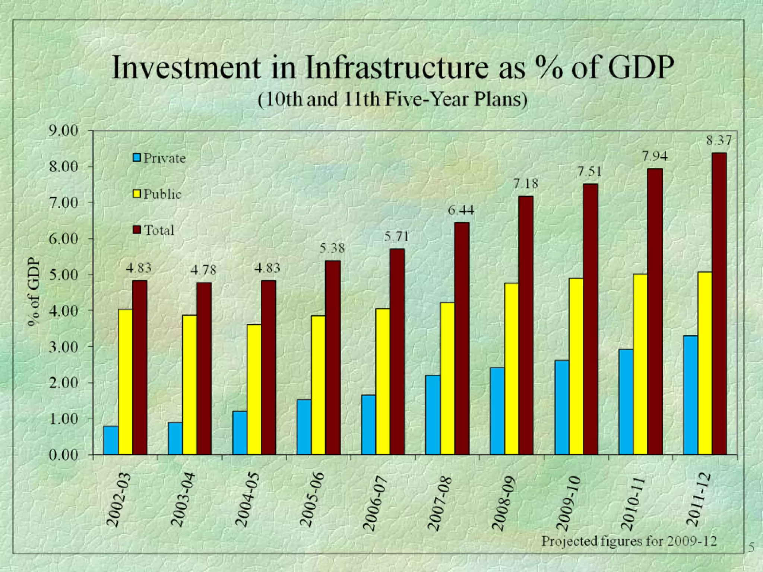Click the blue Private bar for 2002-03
111,440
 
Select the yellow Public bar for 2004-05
254,389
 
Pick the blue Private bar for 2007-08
433,415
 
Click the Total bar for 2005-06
333,357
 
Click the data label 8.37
719,140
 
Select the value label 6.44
461,210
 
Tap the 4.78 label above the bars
203,270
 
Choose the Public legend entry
158,194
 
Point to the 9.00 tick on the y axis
63,131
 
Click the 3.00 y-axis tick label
63,347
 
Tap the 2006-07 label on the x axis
376,503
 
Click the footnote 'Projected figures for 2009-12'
629,540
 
